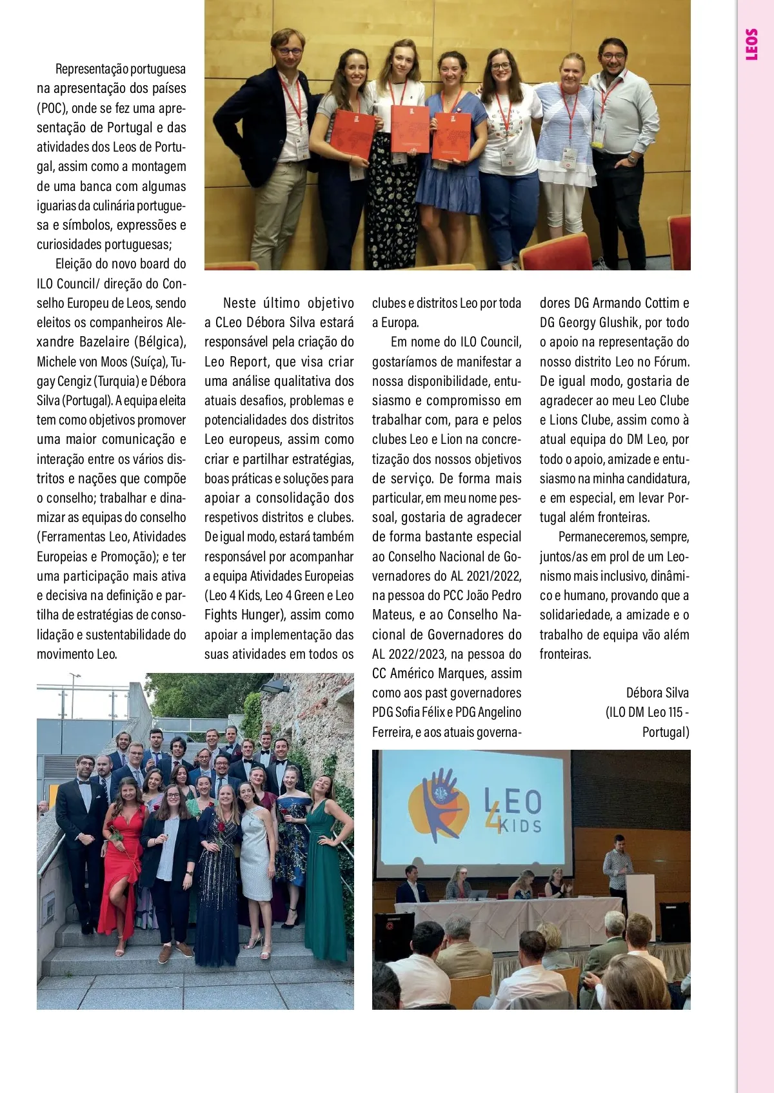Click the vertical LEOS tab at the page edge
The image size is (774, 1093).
751,44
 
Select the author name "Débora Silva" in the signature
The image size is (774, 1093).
657,693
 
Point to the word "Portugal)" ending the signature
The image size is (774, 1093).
666,732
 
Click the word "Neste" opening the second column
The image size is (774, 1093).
239,303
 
